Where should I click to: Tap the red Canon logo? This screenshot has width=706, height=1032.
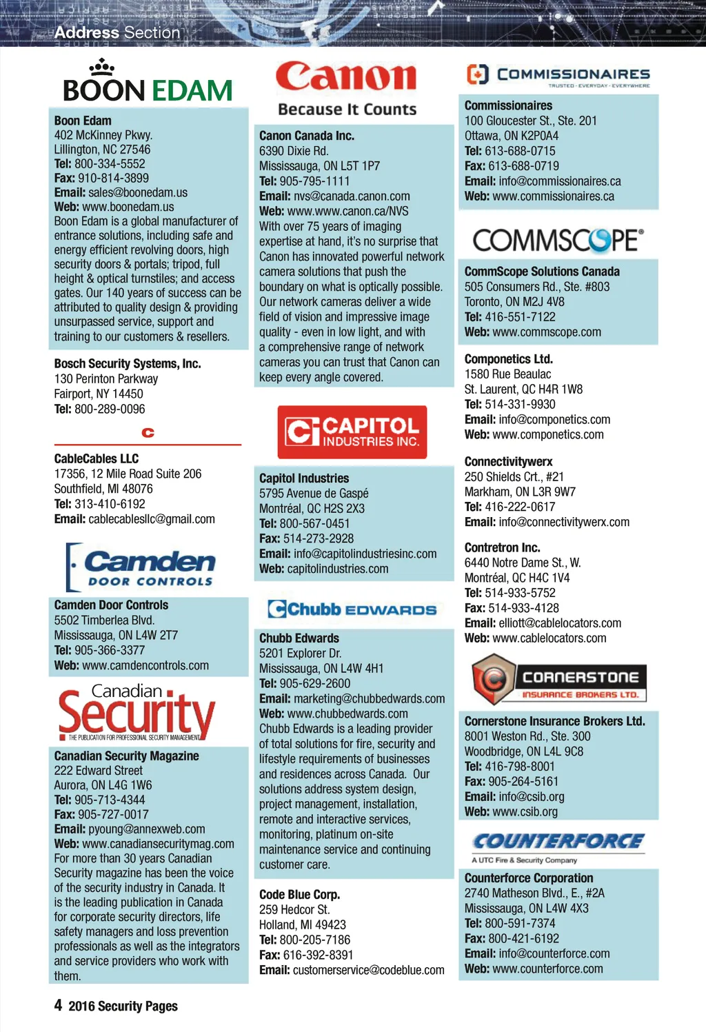click(x=346, y=77)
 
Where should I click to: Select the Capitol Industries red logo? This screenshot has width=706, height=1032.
click(x=352, y=432)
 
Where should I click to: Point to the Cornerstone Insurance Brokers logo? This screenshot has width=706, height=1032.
click(x=559, y=680)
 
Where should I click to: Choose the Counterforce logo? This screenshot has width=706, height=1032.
click(x=558, y=842)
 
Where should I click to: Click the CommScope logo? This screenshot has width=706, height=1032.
click(x=558, y=240)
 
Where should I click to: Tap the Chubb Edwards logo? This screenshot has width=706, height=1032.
click(x=352, y=609)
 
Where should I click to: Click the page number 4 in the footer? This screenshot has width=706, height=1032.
click(x=58, y=1005)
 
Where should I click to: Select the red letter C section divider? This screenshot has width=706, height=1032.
click(x=148, y=433)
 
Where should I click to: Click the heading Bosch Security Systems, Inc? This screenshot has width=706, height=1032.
click(x=128, y=363)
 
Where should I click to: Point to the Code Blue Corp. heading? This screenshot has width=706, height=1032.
click(x=299, y=894)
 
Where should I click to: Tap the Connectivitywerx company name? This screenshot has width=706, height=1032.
click(x=508, y=461)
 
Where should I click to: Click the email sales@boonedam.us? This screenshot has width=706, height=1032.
click(x=137, y=192)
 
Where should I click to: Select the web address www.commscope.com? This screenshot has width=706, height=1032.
click(x=547, y=332)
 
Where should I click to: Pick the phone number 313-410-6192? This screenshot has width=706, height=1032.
click(x=109, y=504)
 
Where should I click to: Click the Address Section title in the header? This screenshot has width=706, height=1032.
click(x=117, y=32)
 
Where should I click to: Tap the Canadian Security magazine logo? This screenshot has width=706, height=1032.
click(x=137, y=712)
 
